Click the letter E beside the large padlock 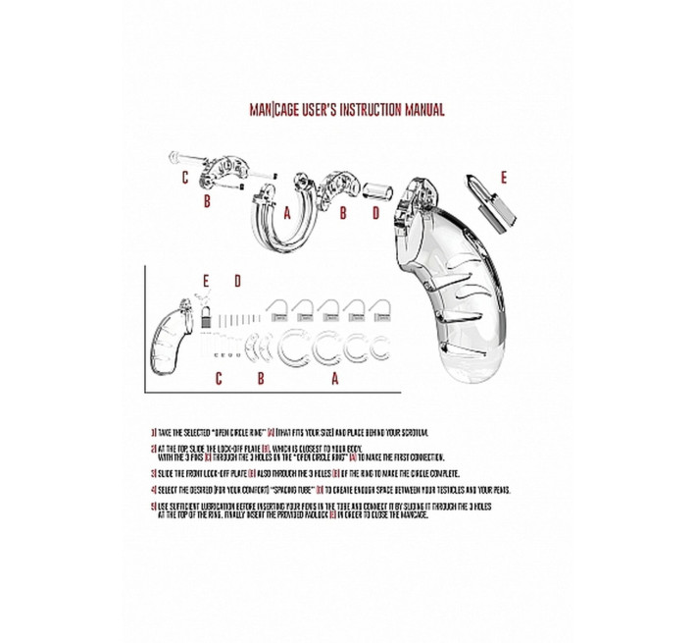[504, 178]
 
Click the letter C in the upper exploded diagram [183, 179]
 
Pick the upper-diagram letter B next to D [343, 212]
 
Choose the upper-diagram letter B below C [207, 202]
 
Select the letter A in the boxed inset [336, 376]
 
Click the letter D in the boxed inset [237, 281]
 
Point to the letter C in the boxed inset [219, 376]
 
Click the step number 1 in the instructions [154, 432]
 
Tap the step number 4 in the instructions [154, 488]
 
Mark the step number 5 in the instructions [154, 506]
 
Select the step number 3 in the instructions [154, 473]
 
